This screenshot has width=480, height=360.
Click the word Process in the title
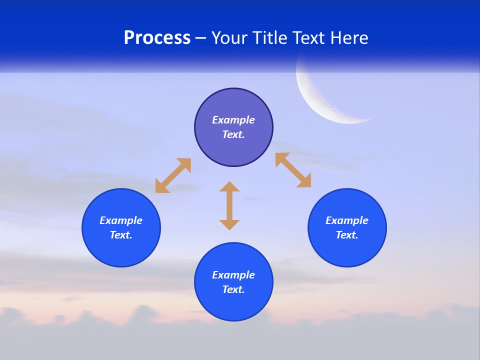coord(157,38)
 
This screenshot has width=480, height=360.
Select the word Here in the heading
coord(348,38)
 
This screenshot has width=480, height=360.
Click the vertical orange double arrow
coord(229,205)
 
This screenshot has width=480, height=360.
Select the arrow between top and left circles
coord(173,175)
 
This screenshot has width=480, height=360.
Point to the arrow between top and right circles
coord(293,170)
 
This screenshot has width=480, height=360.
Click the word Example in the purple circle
coord(233,120)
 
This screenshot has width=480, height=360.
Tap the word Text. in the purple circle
coord(233,134)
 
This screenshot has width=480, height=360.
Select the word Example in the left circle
coord(121,220)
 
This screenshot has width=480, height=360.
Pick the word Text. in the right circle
coord(347,235)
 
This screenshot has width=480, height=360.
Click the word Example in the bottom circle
coord(233,275)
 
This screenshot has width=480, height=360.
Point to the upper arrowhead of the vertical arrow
coord(229,187)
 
